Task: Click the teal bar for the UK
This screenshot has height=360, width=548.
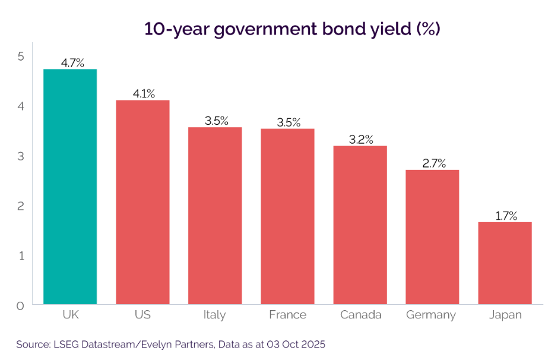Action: click(x=70, y=187)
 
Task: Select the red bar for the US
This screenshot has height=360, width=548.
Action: click(x=142, y=202)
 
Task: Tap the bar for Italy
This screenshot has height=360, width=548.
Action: click(x=215, y=216)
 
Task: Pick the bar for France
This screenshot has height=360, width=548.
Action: click(x=287, y=216)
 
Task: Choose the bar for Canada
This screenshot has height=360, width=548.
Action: click(x=360, y=225)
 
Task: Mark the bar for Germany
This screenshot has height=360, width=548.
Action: click(x=432, y=237)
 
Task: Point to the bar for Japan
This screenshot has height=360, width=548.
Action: click(x=505, y=263)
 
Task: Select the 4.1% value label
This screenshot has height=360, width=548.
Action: click(x=143, y=93)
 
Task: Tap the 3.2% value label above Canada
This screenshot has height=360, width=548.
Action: click(x=360, y=140)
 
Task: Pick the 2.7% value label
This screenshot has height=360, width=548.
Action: click(x=433, y=163)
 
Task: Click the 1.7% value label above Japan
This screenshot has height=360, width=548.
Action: click(x=505, y=215)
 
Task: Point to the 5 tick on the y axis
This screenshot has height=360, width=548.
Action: click(x=20, y=56)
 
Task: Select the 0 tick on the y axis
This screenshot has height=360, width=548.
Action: click(x=20, y=305)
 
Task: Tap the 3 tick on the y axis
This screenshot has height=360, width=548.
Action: click(x=20, y=156)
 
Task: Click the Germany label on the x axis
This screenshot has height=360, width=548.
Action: click(x=431, y=315)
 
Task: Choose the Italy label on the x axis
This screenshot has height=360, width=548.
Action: click(x=214, y=315)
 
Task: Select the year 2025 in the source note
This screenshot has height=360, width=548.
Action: click(x=313, y=345)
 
